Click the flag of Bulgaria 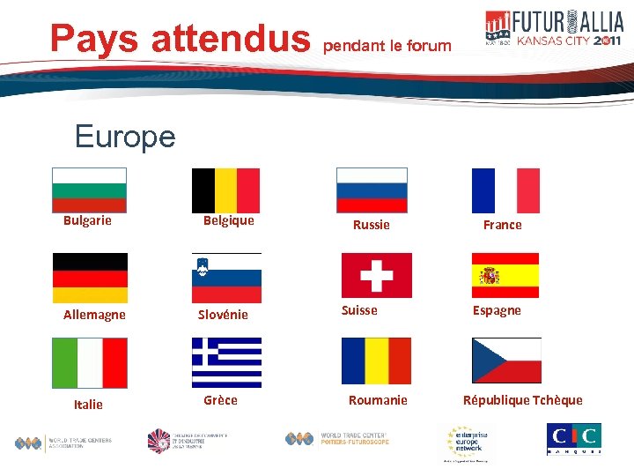click(x=89, y=190)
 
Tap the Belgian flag click(x=225, y=190)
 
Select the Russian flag click(x=372, y=190)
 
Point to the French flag click(x=505, y=190)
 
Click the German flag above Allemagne click(x=90, y=278)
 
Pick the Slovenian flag click(x=226, y=278)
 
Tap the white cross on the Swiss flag click(x=377, y=275)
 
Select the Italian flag click(x=90, y=363)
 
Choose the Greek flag click(x=226, y=362)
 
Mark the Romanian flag click(x=376, y=361)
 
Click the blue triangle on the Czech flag click(x=484, y=361)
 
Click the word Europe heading click(x=125, y=137)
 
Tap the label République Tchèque click(x=523, y=400)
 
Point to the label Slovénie click(x=223, y=315)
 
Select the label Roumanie click(x=378, y=400)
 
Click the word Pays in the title click(x=94, y=38)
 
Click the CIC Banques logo click(x=574, y=438)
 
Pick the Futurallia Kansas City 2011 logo click(x=554, y=28)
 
